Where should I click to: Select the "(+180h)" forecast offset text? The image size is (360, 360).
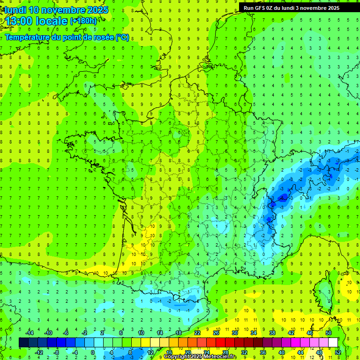click(83, 21)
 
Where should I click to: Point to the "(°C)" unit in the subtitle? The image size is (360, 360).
click(122, 37)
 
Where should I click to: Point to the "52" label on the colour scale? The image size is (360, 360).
click(337, 352)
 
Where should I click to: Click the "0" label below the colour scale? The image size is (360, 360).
click(92, 352)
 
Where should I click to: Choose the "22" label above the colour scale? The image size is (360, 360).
click(197, 333)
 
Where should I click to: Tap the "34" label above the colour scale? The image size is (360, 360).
click(254, 333)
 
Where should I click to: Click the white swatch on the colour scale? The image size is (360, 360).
click(333, 343)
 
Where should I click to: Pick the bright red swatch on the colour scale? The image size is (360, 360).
click(220, 343)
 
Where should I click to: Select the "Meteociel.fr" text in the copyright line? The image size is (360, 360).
click(220, 357)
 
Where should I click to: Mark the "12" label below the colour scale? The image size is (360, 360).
click(150, 352)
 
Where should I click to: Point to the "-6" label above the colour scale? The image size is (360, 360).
click(66, 333)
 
